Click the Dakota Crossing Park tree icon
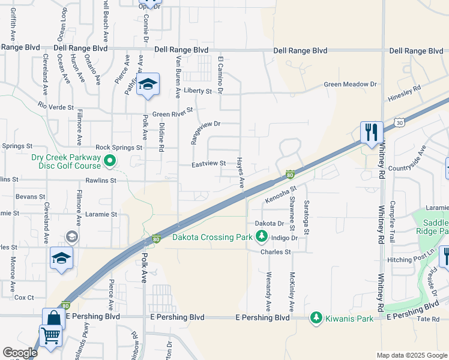pos(261,238)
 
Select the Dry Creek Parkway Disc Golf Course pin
pos(110,161)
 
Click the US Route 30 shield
pos(399,122)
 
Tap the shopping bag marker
pos(53,319)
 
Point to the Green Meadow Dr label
pos(351,85)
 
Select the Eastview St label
pos(208,163)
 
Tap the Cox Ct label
pos(24,297)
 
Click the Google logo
pos(20,353)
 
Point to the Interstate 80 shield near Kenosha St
pos(290,175)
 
